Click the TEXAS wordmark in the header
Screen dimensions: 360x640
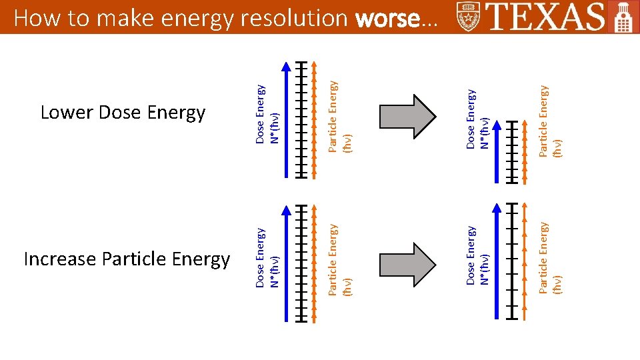(546, 17)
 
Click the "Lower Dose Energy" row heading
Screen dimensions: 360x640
(123, 113)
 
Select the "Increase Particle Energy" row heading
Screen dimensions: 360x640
(127, 259)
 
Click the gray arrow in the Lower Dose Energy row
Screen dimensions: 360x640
(407, 117)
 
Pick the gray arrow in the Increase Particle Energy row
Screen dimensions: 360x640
(407, 265)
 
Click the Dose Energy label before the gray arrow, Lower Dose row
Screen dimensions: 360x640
(269, 113)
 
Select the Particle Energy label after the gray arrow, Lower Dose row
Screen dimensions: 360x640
(551, 121)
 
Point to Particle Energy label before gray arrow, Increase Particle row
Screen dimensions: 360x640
(339, 259)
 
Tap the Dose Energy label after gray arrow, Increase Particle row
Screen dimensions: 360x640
(478, 256)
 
